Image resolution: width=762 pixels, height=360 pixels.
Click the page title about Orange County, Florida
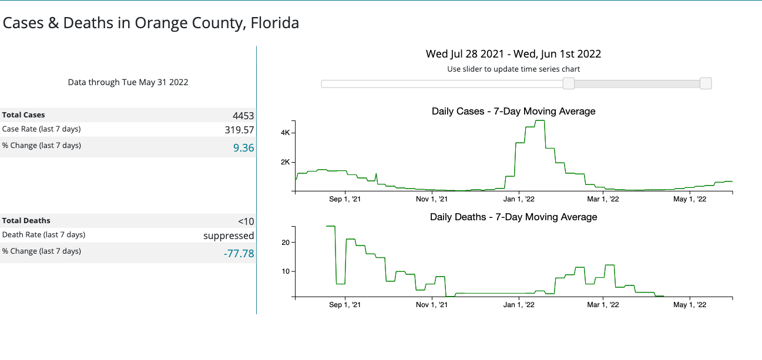click(151, 23)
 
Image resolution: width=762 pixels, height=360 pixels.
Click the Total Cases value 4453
click(243, 116)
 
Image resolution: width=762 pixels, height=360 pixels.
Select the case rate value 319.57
click(240, 130)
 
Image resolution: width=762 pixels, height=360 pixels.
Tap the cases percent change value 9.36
click(244, 148)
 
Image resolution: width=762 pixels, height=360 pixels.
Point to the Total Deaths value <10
click(246, 221)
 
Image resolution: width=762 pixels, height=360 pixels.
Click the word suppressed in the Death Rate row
click(229, 235)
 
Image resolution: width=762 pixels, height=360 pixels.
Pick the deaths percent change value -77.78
click(239, 254)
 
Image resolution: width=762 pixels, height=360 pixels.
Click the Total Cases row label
click(24, 115)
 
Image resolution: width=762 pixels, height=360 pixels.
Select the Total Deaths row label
click(26, 221)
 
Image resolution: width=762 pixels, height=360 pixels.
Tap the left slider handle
click(569, 84)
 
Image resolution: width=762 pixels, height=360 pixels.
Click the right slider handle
click(706, 84)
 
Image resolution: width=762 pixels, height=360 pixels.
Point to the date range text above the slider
click(513, 54)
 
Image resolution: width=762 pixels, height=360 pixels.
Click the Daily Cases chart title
click(513, 111)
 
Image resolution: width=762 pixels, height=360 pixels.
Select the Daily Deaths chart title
click(513, 217)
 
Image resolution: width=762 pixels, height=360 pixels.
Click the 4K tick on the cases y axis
click(285, 133)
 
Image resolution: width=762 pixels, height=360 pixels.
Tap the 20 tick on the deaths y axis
click(286, 243)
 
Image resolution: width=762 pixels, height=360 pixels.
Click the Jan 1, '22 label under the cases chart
click(519, 199)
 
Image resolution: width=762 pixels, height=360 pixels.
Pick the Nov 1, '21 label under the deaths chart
click(432, 305)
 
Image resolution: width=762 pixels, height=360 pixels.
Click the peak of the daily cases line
click(540, 120)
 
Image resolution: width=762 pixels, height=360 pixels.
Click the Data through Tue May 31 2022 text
click(128, 82)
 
